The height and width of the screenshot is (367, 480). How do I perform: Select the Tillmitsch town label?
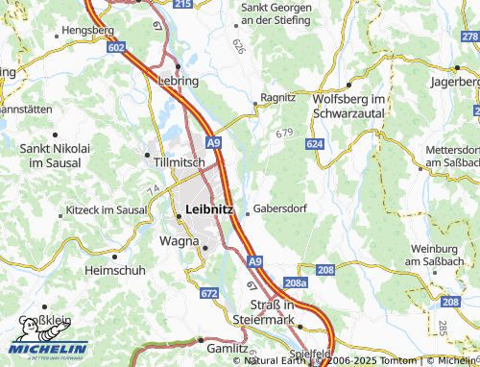[179, 162]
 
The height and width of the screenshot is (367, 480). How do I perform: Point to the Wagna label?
[179, 240]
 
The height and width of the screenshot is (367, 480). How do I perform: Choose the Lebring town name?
[178, 82]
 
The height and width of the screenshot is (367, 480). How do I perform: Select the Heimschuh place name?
[115, 270]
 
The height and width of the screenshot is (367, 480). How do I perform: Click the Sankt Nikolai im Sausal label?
[55, 156]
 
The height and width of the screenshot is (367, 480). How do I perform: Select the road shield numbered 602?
[117, 46]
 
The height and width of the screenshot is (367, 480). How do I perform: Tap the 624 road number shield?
[315, 143]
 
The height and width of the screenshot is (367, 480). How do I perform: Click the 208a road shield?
[297, 284]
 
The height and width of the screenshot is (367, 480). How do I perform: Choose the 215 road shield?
[182, 5]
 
